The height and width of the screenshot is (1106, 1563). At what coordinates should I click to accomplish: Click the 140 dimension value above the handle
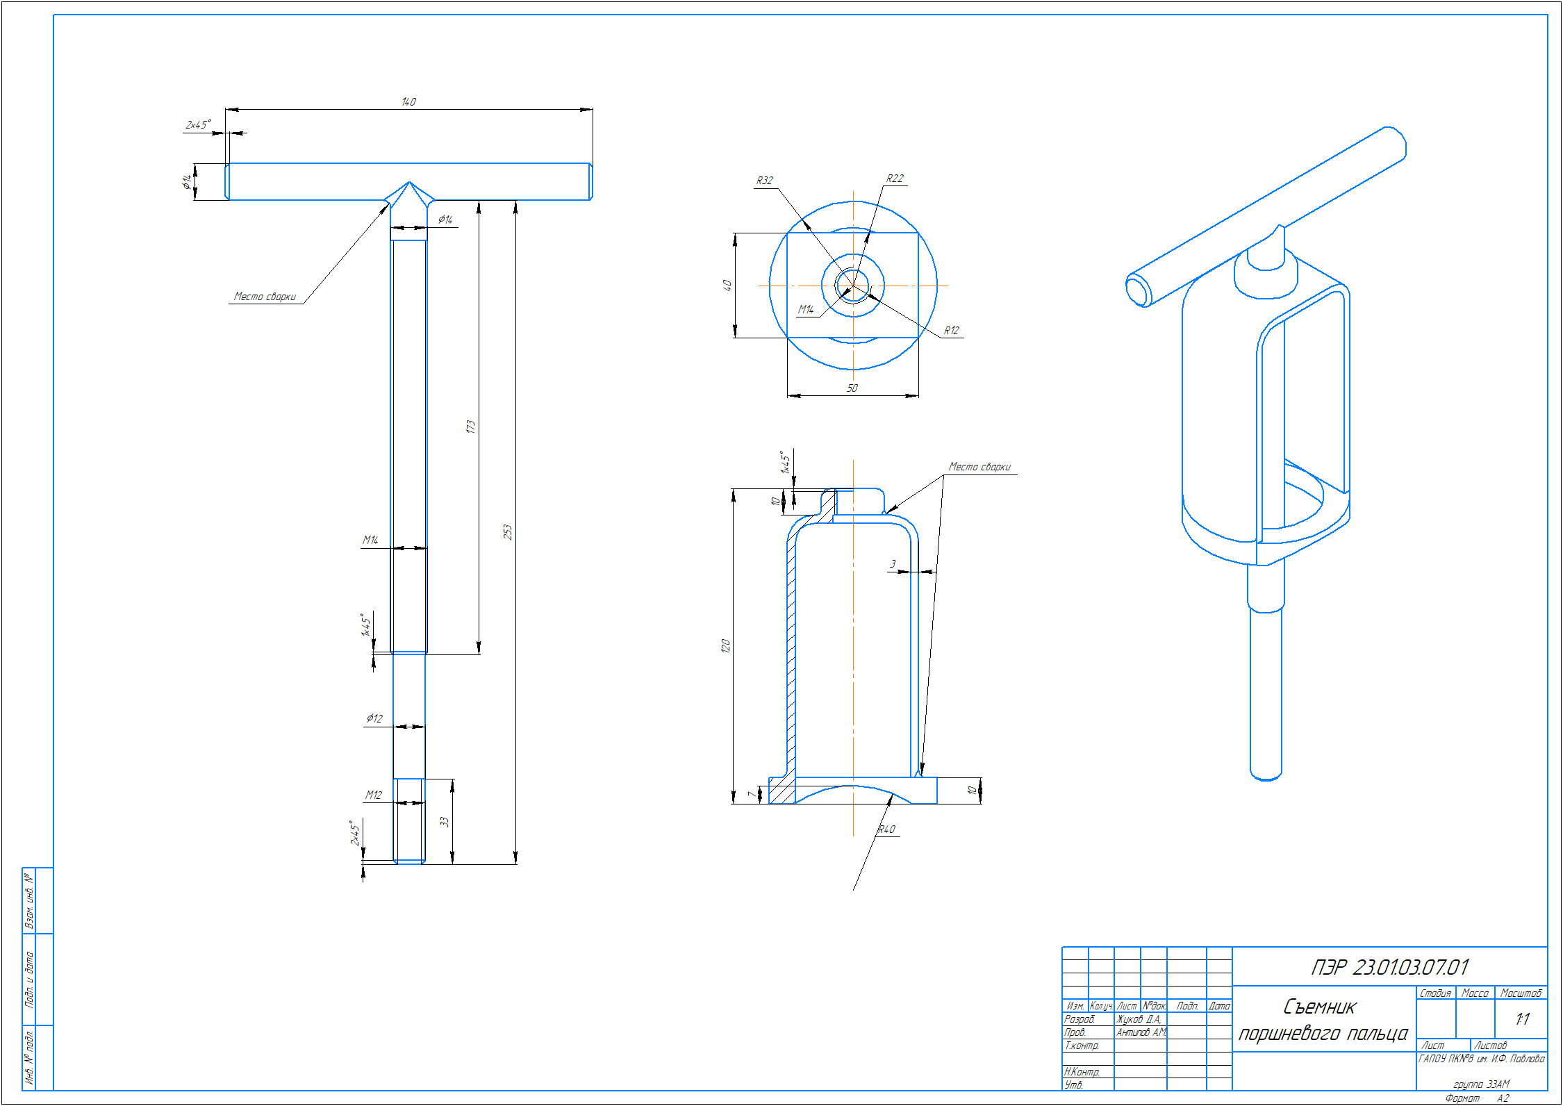pos(408,102)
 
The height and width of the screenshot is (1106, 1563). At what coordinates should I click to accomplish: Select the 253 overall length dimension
pos(508,532)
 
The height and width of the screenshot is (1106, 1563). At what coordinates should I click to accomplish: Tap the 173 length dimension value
pos(471,427)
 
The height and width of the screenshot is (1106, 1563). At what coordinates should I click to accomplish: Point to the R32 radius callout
pos(764,181)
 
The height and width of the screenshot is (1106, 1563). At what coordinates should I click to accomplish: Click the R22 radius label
pos(895,179)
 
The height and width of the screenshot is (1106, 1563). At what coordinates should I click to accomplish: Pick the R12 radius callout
pos(951,331)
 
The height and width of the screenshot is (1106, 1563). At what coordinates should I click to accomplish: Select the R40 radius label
pos(886,829)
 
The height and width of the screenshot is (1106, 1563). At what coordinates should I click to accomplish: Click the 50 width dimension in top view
pos(852,388)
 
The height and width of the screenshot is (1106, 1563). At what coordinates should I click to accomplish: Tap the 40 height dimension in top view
pos(727,286)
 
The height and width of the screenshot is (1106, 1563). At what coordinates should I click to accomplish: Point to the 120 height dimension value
pos(725,645)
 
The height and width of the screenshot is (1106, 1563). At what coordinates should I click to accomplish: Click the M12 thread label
pos(374,795)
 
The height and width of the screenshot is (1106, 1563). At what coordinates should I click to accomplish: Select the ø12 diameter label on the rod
pos(374,718)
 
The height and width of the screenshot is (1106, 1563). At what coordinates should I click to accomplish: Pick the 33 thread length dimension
pos(445,822)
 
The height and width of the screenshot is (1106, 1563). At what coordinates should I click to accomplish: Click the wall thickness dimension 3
pos(893,564)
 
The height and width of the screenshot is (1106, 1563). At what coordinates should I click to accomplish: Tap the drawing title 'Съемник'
pos(1319,1007)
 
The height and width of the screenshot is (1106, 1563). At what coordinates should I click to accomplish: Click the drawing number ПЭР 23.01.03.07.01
pos(1389,967)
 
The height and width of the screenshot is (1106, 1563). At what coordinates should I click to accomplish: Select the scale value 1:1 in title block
pos(1521,1019)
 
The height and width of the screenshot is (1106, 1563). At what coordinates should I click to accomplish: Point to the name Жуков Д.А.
pos(1139,1019)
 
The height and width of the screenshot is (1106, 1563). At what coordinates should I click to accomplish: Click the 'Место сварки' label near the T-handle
pos(265,297)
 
